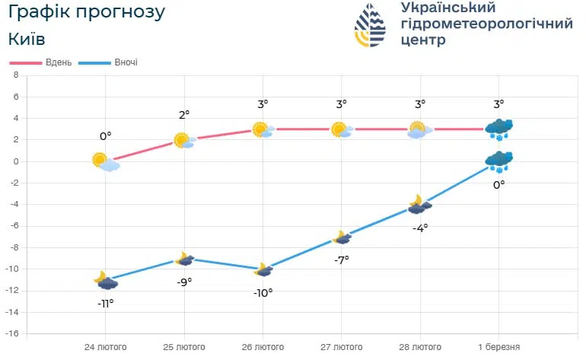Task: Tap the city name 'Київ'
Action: (27, 39)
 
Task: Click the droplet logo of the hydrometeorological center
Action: (370, 25)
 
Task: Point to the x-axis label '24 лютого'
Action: (105, 347)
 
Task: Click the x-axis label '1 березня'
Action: (499, 347)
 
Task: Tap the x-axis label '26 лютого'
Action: (263, 347)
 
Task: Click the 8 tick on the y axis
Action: (15, 75)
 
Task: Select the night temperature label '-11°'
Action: (105, 303)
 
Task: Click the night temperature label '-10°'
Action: (263, 292)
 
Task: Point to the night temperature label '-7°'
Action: (342, 260)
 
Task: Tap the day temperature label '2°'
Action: (184, 114)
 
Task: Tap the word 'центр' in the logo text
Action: (423, 40)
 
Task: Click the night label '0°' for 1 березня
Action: (499, 183)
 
